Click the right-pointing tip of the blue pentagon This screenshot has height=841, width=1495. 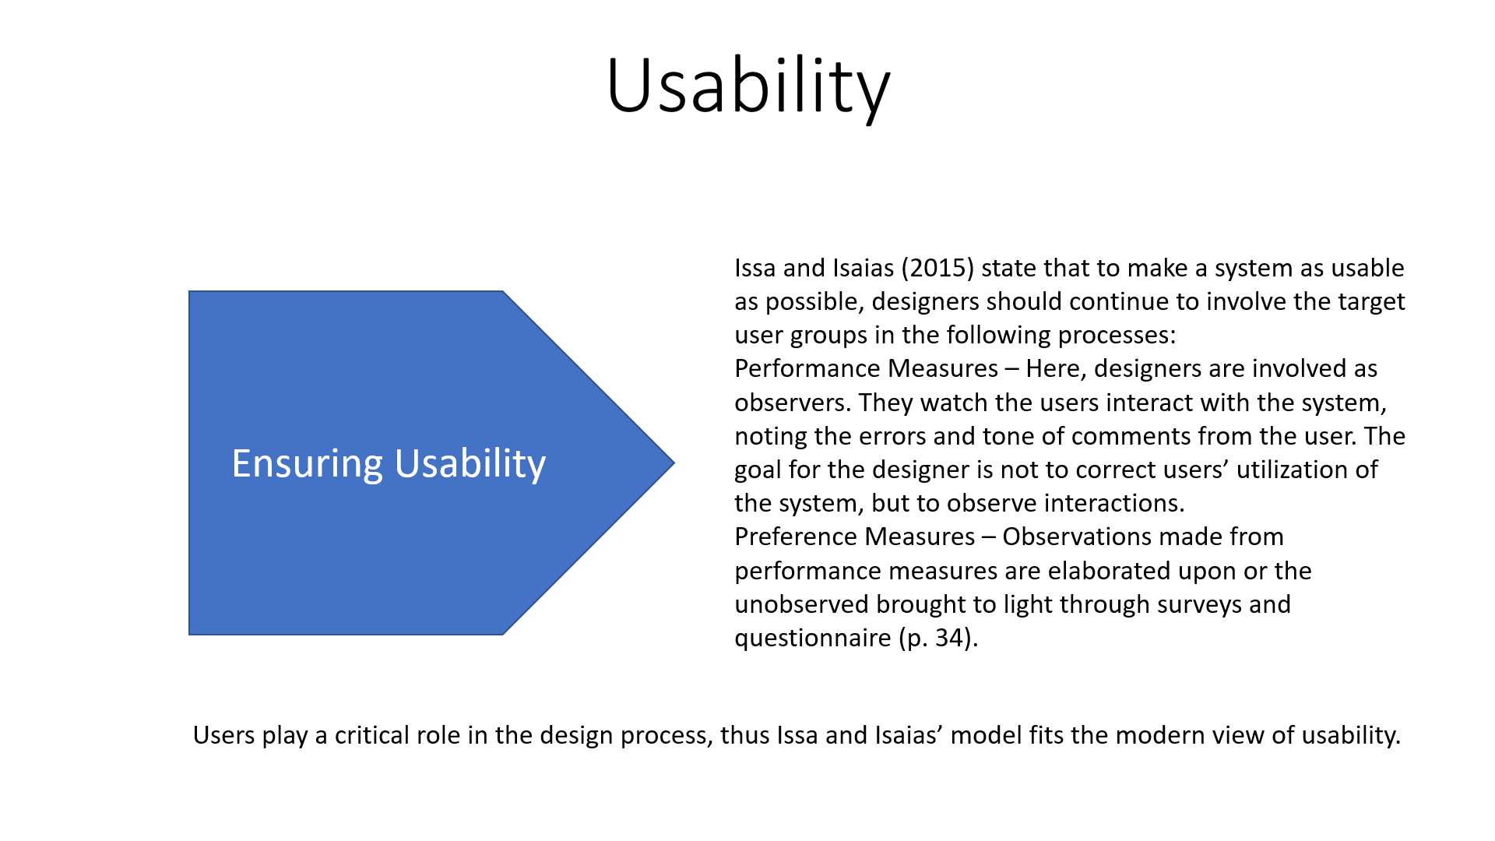coord(674,463)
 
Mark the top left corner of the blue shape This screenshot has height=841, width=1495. coord(189,291)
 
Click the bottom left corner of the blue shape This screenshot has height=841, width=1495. coord(189,635)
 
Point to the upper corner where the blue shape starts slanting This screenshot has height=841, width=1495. coord(503,291)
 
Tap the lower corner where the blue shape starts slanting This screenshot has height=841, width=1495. coord(503,635)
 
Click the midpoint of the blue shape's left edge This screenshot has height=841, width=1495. coord(189,463)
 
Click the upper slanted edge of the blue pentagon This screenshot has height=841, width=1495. coord(589,377)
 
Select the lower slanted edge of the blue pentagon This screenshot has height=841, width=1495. coord(589,549)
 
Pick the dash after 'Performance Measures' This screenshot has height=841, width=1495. coord(1011,369)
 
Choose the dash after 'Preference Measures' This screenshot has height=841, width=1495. coord(988,537)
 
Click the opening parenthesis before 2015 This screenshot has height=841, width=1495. coord(906,268)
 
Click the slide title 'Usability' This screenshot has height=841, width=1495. coord(748,87)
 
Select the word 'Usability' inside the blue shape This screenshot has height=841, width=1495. coord(470,465)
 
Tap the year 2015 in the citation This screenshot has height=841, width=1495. coord(938,268)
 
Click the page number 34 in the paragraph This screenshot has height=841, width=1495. coord(950,638)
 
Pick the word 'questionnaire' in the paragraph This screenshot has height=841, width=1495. coord(813,639)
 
